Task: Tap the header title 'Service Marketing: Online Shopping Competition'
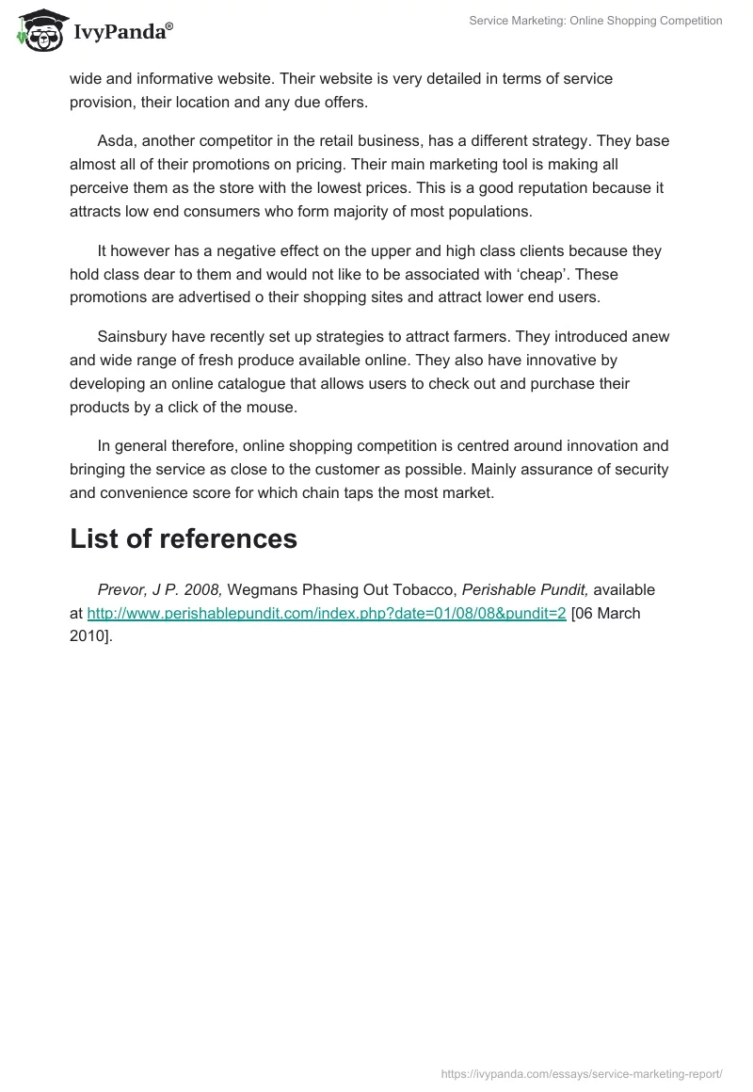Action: (595, 21)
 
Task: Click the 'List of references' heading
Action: (184, 538)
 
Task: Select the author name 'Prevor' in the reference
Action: (122, 590)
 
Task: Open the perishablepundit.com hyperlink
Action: (327, 614)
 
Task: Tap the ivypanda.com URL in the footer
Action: (581, 1073)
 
